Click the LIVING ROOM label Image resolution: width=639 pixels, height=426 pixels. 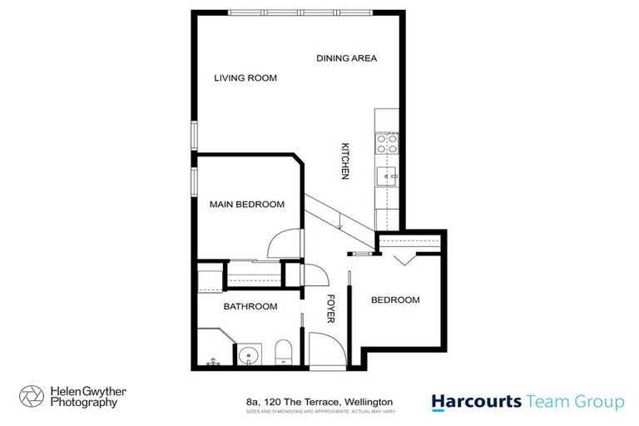(x=245, y=78)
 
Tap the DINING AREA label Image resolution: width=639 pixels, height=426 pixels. (x=347, y=58)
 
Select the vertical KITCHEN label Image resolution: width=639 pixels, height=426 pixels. (x=344, y=160)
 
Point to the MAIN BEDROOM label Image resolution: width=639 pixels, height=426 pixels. (x=246, y=204)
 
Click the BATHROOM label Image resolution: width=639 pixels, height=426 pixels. (x=250, y=306)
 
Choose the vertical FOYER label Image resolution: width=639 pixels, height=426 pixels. (x=329, y=309)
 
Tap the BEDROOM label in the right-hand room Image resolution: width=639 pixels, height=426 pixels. (x=395, y=300)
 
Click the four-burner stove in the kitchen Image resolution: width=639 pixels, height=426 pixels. (x=387, y=144)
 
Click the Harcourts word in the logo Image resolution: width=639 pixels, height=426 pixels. (x=475, y=402)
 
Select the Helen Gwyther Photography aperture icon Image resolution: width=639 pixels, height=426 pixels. (x=31, y=396)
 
